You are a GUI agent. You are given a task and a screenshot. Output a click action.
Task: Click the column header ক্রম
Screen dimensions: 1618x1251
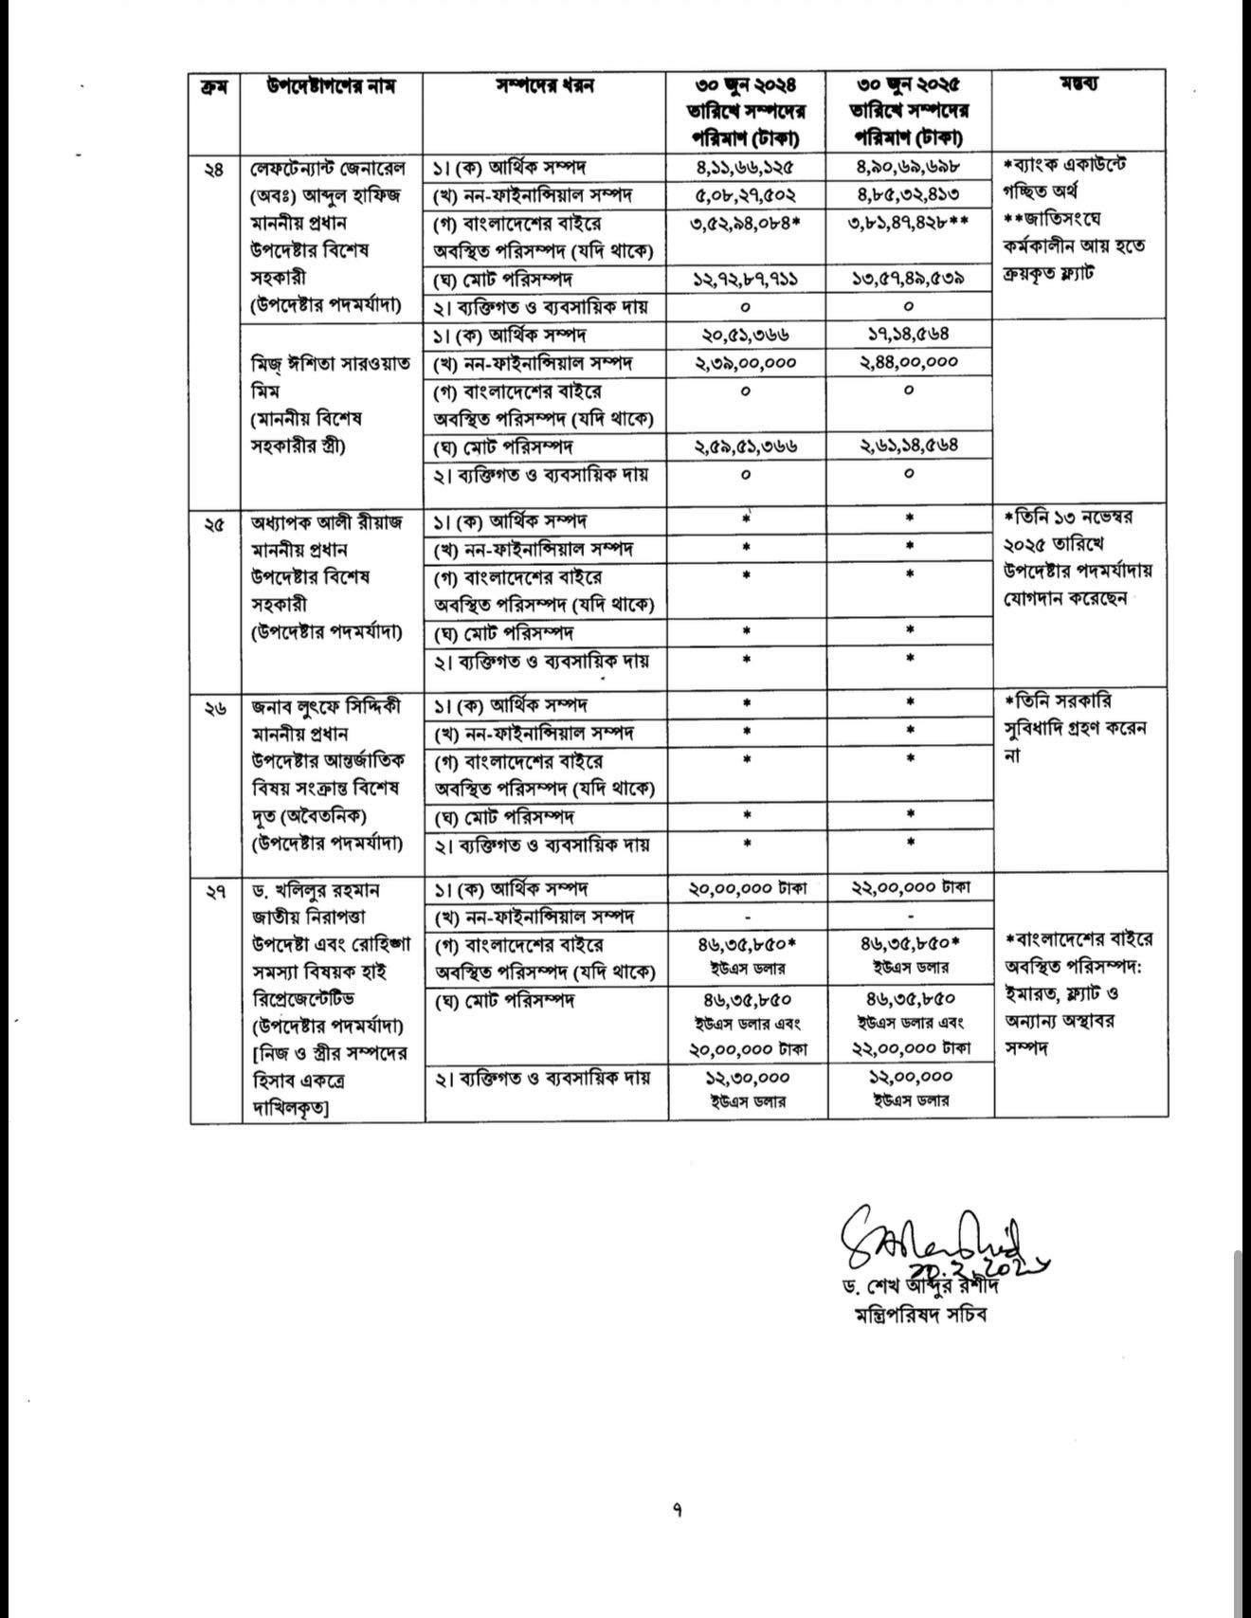pyautogui.click(x=213, y=86)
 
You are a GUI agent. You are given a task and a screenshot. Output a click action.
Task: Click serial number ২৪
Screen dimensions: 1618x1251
pyautogui.click(x=214, y=170)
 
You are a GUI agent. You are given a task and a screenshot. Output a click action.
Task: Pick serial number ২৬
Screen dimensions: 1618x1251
pyautogui.click(x=214, y=707)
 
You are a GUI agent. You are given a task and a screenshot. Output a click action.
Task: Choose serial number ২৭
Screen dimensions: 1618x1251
pyautogui.click(x=214, y=891)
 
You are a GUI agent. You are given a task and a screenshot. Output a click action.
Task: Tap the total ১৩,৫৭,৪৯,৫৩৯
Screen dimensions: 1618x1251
pyautogui.click(x=909, y=280)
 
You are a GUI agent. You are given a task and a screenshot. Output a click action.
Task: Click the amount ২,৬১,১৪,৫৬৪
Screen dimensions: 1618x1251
pyautogui.click(x=909, y=445)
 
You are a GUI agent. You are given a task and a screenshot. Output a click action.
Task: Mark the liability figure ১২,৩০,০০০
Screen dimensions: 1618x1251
pyautogui.click(x=747, y=1078)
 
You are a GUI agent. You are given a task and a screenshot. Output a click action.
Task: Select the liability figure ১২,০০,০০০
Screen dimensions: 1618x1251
pyautogui.click(x=909, y=1078)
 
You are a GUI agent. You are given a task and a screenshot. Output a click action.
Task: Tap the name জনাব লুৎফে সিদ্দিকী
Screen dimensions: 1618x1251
pyautogui.click(x=326, y=706)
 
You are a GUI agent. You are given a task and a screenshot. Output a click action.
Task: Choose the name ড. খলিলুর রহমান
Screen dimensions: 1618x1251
pyautogui.click(x=317, y=891)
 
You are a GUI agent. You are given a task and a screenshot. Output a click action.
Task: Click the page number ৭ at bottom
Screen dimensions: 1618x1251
pyautogui.click(x=677, y=1509)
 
